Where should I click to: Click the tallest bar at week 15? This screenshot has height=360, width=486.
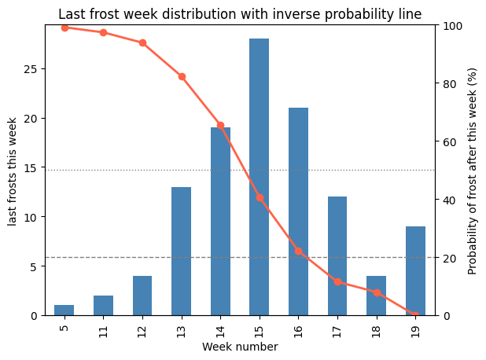[x=260, y=177]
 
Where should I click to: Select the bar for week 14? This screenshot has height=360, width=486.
[x=220, y=222]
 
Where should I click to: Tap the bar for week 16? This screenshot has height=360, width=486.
[x=298, y=211]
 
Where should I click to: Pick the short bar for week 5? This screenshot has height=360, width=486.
[x=64, y=310]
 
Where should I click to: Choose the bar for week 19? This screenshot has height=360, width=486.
[x=415, y=271]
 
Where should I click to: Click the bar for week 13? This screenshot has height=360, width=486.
[x=182, y=251]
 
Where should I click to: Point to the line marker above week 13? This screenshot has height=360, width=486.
[x=182, y=76]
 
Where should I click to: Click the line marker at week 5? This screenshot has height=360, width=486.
[x=64, y=28]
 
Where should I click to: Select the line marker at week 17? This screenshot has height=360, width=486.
[x=337, y=281]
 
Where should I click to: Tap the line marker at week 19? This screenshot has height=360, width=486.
[x=415, y=315]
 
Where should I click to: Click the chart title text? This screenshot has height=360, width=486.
[x=240, y=14]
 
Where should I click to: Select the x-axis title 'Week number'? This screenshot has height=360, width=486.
[x=240, y=347]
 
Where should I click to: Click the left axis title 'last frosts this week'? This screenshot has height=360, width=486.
[x=13, y=171]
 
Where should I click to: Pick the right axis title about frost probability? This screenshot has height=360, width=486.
[x=473, y=171]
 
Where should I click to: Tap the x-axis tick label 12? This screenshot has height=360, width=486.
[x=142, y=327]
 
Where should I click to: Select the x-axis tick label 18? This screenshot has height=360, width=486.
[x=376, y=327]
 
